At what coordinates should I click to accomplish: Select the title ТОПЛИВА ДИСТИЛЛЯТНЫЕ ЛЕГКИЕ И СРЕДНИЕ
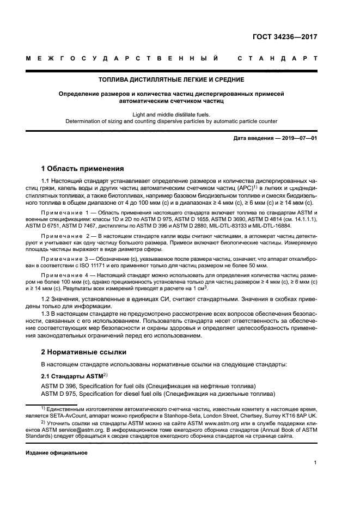click(179, 79)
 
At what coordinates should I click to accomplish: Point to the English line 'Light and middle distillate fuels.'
click(179, 114)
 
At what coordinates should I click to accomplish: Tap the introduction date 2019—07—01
click(298, 139)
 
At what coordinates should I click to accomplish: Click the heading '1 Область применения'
click(83, 168)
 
